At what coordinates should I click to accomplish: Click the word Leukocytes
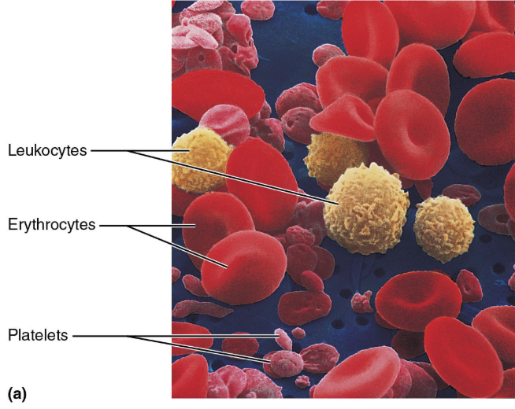(x=47, y=149)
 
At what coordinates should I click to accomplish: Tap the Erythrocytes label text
(x=51, y=225)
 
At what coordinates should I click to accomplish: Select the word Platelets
(x=39, y=336)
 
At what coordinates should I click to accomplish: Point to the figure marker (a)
(x=17, y=392)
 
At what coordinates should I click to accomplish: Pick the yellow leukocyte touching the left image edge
(x=198, y=163)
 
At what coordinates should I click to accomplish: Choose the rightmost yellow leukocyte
(x=444, y=229)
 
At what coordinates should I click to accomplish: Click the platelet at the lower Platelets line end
(x=282, y=363)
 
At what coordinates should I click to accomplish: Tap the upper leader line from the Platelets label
(x=181, y=337)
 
